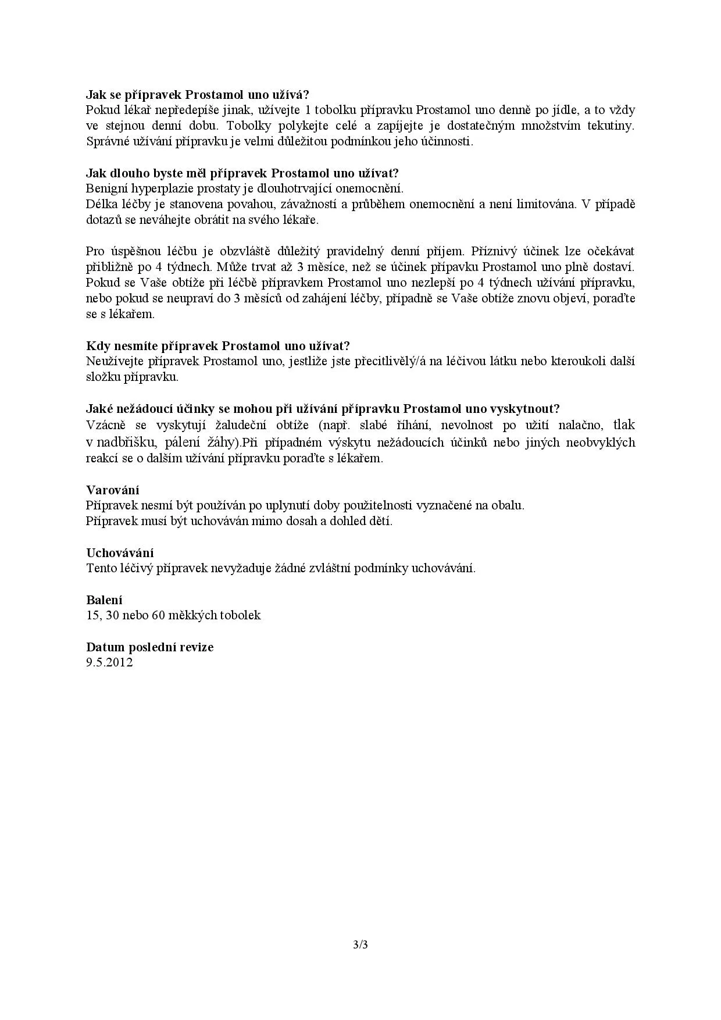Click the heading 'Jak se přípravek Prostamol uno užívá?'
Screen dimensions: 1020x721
(198, 94)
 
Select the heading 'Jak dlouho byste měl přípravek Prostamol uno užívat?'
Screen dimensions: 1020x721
(242, 173)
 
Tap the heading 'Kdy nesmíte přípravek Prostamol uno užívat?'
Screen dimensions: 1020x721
(218, 345)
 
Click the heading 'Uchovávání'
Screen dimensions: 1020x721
(120, 552)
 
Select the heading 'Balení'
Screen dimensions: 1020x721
(104, 600)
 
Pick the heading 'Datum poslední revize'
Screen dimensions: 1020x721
(150, 647)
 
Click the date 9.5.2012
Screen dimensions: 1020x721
(109, 662)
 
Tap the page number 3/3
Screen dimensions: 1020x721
(360, 944)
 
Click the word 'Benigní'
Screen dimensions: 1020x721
(107, 188)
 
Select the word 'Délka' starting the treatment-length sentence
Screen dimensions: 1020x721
(101, 204)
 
